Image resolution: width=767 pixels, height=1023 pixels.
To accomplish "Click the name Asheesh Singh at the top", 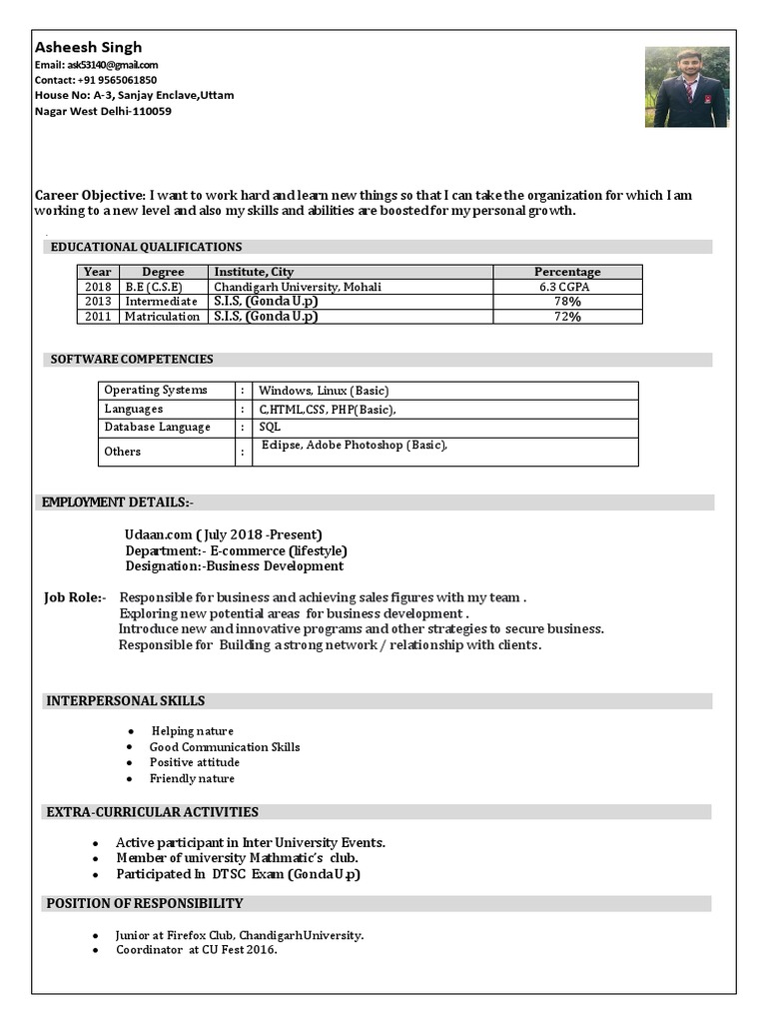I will coord(89,47).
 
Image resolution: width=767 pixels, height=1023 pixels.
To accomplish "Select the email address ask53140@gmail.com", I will coord(97,65).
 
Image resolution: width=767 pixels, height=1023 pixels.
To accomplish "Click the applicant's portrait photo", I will coord(686,87).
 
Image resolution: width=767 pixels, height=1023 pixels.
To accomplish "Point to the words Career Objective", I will coord(90,196).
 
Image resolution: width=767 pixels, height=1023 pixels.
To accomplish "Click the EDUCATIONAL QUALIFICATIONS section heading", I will coord(146,247).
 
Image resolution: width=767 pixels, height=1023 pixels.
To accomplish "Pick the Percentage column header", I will coord(567,272).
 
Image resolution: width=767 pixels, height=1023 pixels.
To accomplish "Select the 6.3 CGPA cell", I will coord(567,287).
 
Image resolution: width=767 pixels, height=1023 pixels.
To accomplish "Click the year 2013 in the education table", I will coord(98,302).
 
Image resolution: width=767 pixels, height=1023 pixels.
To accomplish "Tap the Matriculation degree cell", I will coord(162,317).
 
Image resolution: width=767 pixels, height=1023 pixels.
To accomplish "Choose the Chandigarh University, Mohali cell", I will coord(298,287).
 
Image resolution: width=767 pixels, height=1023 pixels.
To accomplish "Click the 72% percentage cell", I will coord(567,317).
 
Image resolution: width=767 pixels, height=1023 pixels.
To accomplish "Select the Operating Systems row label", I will coord(156,391).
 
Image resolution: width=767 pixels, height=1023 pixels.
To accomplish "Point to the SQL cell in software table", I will coord(270,428).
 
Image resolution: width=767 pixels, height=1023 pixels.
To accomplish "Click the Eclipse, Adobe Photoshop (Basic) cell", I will coord(355,446).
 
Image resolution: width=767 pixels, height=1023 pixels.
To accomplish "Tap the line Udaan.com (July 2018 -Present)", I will coord(223,534).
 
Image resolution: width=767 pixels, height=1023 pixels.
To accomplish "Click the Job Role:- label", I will coord(74,597).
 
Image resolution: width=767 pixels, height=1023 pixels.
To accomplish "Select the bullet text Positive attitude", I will coord(195,762).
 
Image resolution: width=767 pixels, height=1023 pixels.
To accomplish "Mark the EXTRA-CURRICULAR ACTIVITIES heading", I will coord(152,812).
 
